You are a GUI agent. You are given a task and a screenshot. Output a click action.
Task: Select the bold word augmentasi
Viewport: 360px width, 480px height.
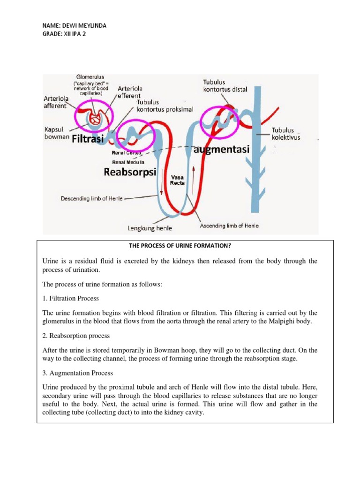point(221,150)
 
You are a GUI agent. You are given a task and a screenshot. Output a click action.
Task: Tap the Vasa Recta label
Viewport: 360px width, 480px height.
point(177,180)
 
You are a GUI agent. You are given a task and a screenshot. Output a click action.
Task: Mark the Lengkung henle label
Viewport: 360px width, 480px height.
point(150,228)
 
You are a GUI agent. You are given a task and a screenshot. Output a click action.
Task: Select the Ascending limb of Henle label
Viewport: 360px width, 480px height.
point(229,226)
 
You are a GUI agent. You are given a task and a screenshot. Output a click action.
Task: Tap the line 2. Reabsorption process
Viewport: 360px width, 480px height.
point(76,336)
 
